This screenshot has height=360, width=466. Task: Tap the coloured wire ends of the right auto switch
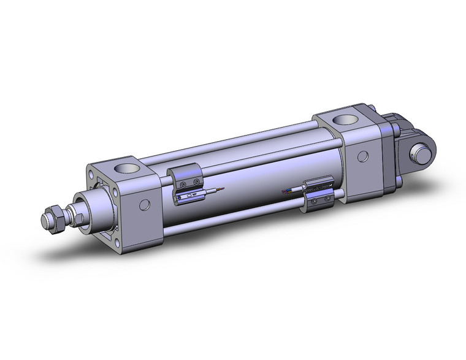pyautogui.click(x=285, y=191)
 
